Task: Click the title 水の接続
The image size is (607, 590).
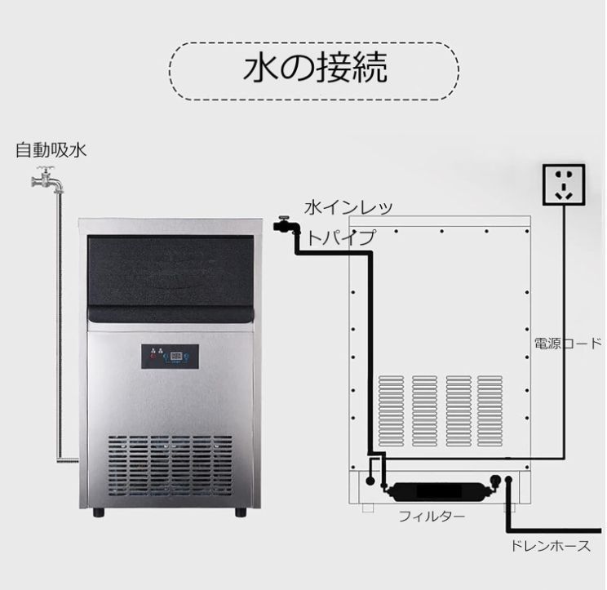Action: (314, 71)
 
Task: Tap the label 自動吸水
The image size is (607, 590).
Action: (51, 150)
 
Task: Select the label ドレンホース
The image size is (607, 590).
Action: (547, 546)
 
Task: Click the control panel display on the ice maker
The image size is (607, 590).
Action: (179, 356)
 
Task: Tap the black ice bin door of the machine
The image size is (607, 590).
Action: (172, 273)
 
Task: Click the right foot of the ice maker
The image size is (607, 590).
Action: (241, 512)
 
